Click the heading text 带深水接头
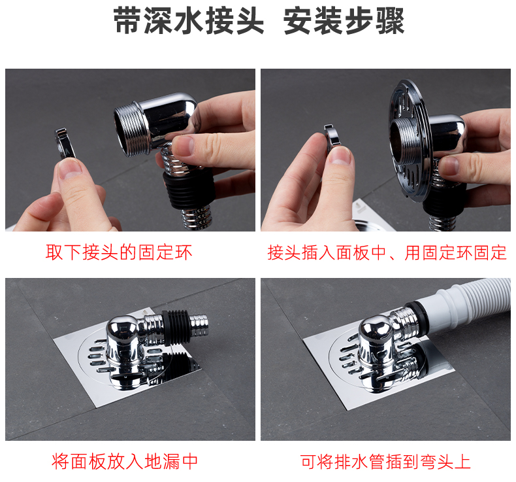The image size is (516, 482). [189, 21]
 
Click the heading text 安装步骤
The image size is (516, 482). [344, 21]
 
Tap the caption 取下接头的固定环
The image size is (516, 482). [119, 252]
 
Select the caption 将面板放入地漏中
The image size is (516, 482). [125, 461]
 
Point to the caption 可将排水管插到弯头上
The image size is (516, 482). [385, 461]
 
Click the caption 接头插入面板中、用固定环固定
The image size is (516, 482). [387, 252]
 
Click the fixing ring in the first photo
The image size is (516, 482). [65, 143]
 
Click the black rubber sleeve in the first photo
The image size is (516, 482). [189, 190]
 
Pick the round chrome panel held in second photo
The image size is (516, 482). [411, 140]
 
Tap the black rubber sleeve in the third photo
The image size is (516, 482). [177, 327]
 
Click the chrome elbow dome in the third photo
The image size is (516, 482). [121, 327]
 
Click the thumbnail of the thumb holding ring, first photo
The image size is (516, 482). [71, 169]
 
